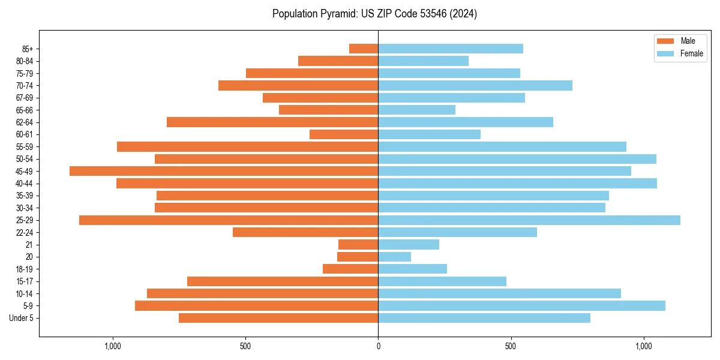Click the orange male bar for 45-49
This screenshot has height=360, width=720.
(x=224, y=171)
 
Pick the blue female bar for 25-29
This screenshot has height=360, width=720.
(x=529, y=220)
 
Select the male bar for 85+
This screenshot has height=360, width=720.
(x=364, y=49)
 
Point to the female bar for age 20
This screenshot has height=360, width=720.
(x=394, y=257)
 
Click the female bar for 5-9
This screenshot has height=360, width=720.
(x=521, y=305)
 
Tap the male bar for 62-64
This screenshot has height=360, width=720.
(x=272, y=122)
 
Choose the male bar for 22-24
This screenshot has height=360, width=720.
(x=305, y=232)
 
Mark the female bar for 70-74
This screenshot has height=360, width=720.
(x=475, y=85)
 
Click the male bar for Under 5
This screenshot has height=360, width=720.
(x=278, y=318)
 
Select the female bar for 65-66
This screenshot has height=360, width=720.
(x=416, y=110)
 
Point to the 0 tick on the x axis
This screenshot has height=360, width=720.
(x=378, y=346)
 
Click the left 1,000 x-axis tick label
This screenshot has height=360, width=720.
(x=113, y=346)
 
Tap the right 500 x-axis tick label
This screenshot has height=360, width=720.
(x=511, y=346)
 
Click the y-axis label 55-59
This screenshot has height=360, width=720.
(x=28, y=146)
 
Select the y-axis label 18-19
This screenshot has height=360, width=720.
(x=28, y=269)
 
